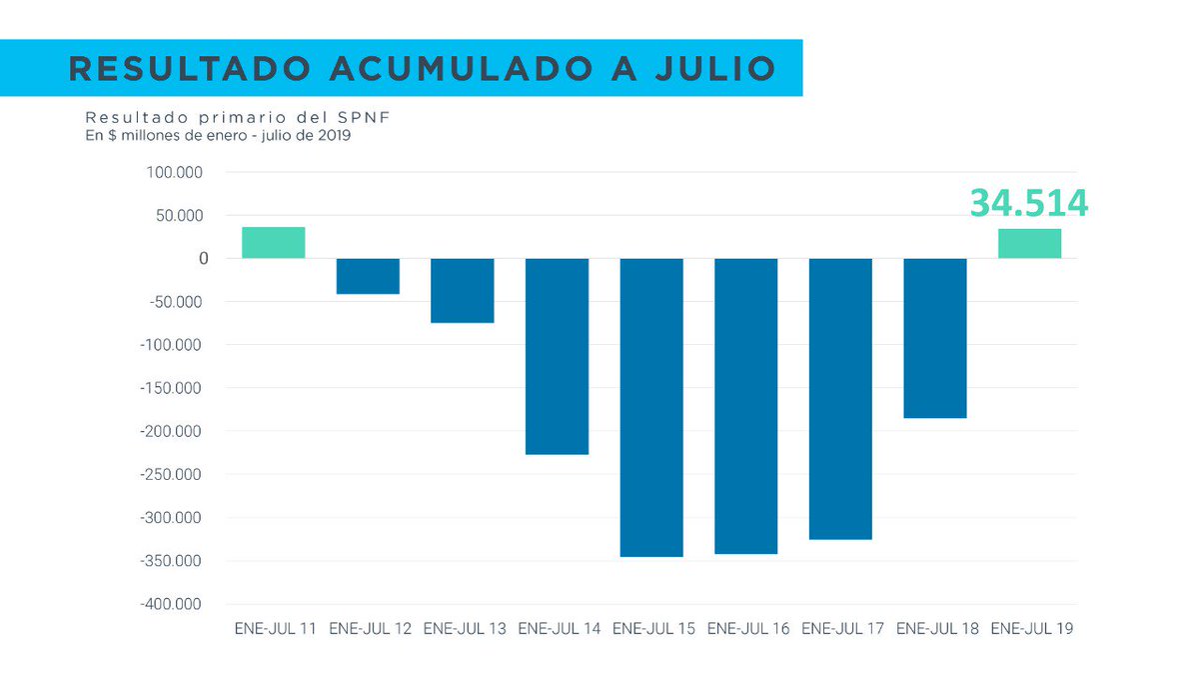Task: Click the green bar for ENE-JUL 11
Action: [273, 243]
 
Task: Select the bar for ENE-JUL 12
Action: [368, 276]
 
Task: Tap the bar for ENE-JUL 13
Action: [462, 291]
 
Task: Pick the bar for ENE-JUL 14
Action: [557, 357]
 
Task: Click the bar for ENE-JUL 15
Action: [651, 407]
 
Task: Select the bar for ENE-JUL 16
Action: [745, 406]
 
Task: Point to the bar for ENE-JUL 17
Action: [840, 399]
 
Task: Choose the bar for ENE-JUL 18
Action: [935, 338]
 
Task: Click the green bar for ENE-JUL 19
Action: [1029, 244]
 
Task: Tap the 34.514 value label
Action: [1028, 203]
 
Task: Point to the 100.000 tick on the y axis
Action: [174, 172]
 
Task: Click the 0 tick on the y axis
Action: [203, 258]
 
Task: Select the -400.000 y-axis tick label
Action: [171, 604]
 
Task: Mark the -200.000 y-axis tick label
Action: [171, 431]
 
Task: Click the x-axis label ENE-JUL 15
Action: [653, 629]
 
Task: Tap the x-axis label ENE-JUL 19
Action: [1032, 629]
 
